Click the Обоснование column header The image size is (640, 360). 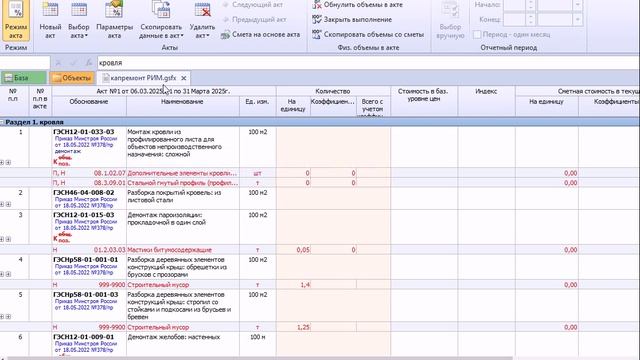click(x=89, y=102)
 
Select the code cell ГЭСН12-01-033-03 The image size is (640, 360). click(x=84, y=131)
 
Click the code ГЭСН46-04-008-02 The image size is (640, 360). click(x=84, y=193)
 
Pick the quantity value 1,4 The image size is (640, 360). click(x=304, y=284)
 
